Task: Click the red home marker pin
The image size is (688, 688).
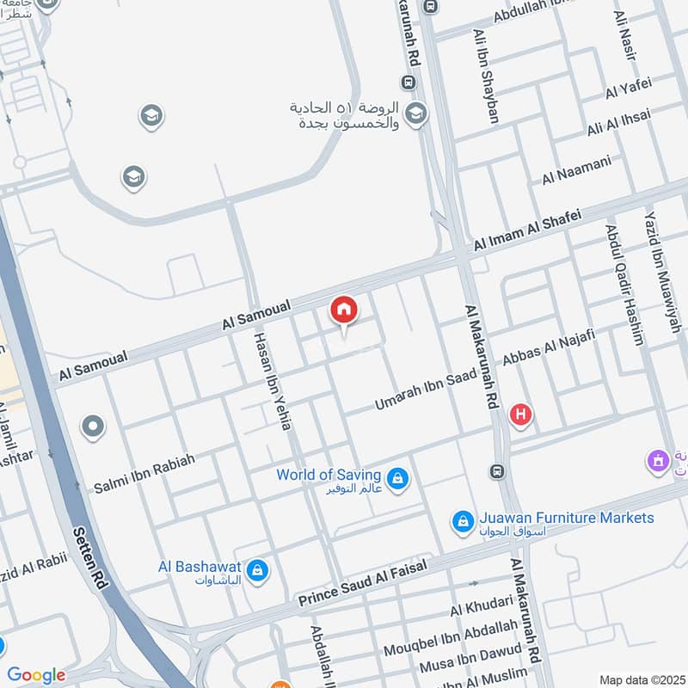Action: pos(344,310)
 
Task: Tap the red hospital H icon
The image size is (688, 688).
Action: pos(519,416)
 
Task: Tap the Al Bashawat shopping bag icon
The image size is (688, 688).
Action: pos(255,569)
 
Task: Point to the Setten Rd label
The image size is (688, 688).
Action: pos(91,556)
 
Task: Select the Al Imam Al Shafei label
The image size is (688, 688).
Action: pos(527,230)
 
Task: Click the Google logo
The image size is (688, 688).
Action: pos(35,675)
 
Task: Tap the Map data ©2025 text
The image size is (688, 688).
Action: pos(641,679)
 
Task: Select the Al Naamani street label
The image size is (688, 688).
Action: pos(576,169)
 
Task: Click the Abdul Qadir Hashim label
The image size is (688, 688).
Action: pos(623,285)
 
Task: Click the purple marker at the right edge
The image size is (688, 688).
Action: pos(658,461)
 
